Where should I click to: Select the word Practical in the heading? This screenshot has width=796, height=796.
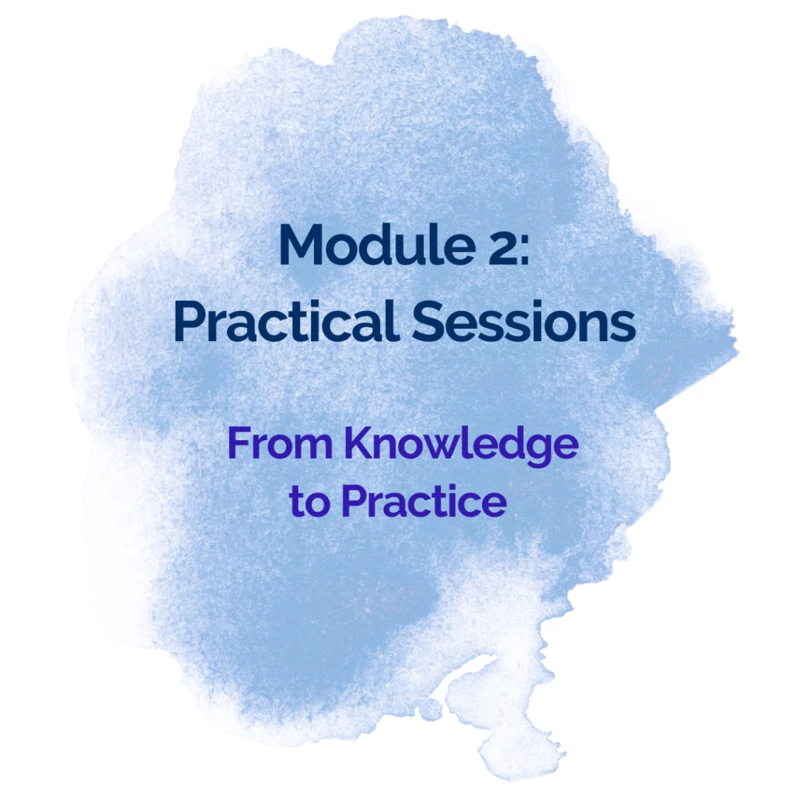tap(285, 320)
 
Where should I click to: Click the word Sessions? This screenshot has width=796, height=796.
tap(524, 321)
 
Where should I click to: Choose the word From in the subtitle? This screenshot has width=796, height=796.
tap(280, 442)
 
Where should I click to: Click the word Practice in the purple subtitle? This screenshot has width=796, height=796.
tap(424, 501)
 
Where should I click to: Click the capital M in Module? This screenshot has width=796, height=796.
tap(302, 246)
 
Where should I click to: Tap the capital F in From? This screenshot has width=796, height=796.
tap(240, 442)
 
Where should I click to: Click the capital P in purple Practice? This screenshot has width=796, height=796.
tap(354, 501)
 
